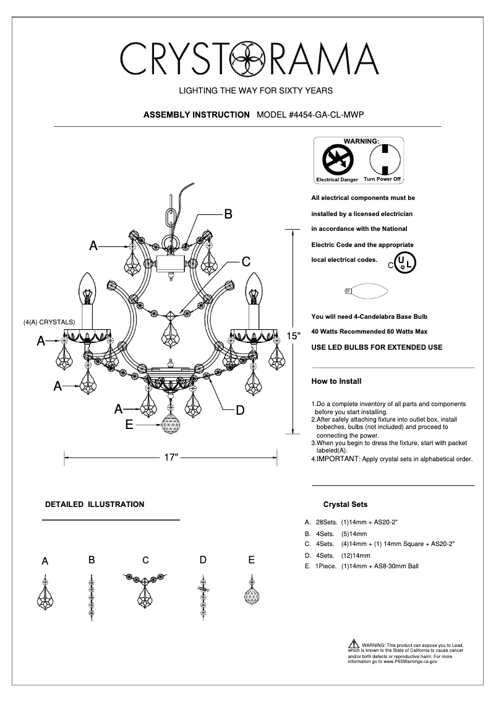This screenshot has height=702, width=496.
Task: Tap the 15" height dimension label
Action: [x=293, y=336]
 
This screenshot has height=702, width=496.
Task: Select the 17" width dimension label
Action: [x=171, y=458]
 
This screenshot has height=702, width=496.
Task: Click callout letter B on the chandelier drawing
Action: [x=228, y=214]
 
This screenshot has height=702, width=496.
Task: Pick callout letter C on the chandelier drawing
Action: [x=246, y=261]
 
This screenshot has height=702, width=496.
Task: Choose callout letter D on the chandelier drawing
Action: [x=240, y=410]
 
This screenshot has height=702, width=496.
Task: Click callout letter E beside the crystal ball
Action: [x=129, y=425]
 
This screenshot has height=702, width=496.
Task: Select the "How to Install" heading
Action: [x=336, y=381]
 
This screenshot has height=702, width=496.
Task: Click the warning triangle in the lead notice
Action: [x=354, y=644]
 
